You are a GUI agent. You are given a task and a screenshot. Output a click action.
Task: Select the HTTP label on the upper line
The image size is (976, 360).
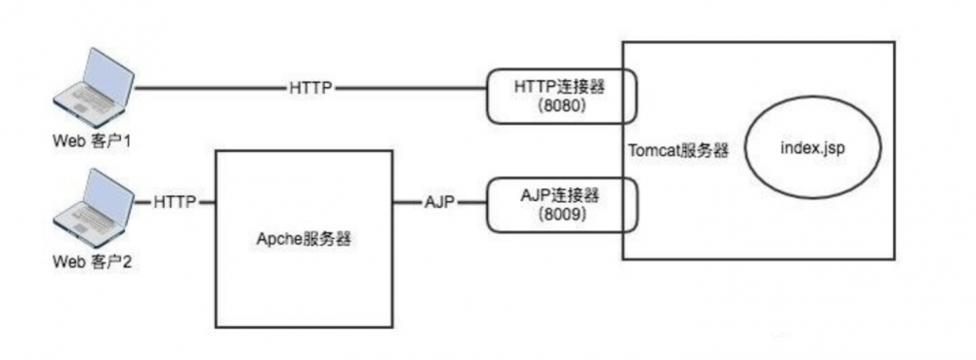click(311, 88)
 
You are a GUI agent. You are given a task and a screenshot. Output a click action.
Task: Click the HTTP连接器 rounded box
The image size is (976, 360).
click(560, 96)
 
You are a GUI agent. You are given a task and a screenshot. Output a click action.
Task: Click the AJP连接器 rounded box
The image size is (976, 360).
click(560, 203)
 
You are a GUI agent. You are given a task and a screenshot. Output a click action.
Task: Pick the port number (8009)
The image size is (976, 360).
click(560, 215)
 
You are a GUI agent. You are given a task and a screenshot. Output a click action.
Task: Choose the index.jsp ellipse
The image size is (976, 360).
click(816, 149)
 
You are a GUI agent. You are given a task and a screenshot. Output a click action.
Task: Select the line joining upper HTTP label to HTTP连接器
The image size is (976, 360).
click(410, 88)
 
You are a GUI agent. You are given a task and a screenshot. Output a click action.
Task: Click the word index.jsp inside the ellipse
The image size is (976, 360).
click(816, 148)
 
